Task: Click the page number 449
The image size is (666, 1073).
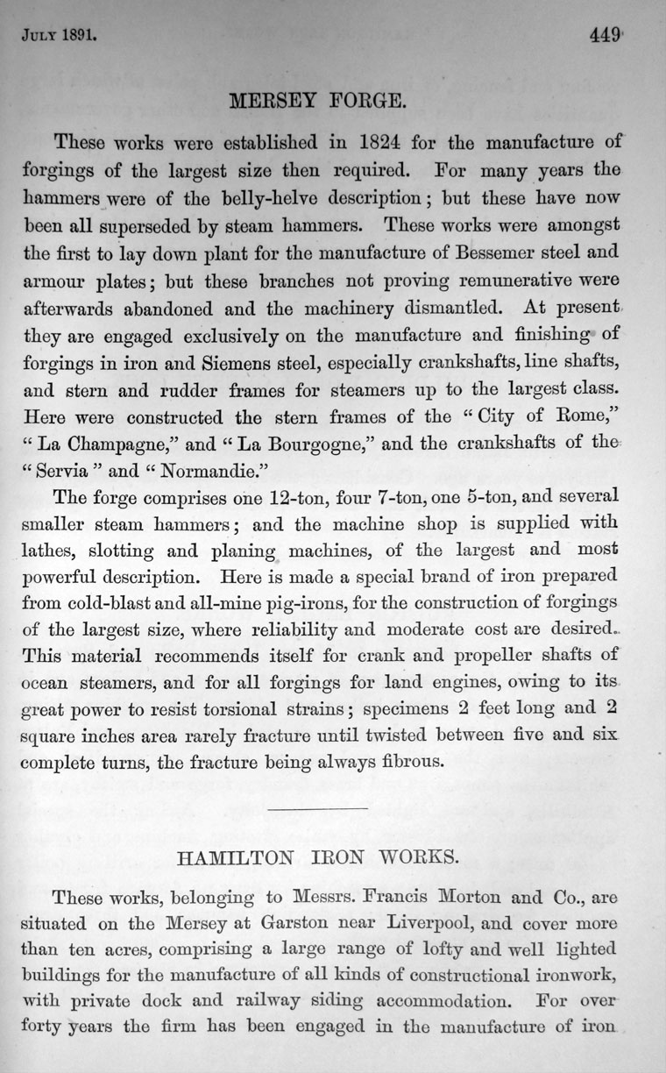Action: tap(606, 36)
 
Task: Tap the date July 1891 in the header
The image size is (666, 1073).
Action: tap(59, 38)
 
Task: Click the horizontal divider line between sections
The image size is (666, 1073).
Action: tap(316, 807)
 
